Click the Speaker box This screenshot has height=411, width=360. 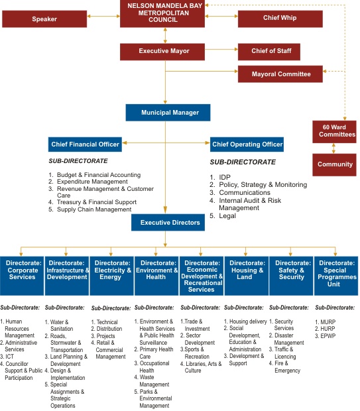(x=44, y=19)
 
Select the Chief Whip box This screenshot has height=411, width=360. (x=280, y=19)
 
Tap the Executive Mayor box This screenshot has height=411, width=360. (x=162, y=52)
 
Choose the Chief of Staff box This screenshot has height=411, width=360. (x=269, y=52)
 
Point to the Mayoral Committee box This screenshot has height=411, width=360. (x=280, y=74)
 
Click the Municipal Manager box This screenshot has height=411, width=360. (x=168, y=113)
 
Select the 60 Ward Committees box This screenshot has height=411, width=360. (x=334, y=131)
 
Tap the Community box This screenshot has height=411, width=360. (x=334, y=165)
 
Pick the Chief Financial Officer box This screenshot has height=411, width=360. (x=85, y=145)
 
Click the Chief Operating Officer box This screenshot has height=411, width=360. (x=247, y=145)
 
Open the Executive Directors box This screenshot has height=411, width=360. (x=168, y=223)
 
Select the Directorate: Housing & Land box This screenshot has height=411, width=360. (x=247, y=276)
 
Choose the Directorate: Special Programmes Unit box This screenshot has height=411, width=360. (x=336, y=276)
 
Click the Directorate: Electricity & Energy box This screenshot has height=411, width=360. (x=111, y=276)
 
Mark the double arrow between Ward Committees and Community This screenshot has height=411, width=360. (x=333, y=148)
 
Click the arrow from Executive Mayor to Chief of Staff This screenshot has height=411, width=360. (x=221, y=49)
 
